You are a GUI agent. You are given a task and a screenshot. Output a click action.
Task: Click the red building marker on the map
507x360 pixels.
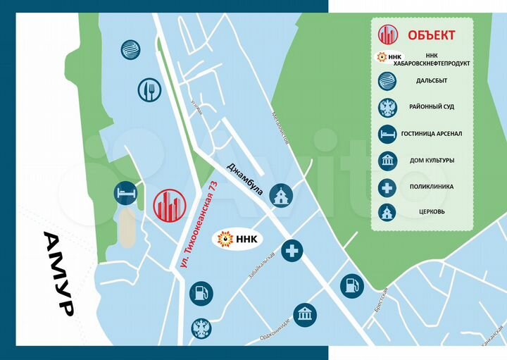(x=169, y=206)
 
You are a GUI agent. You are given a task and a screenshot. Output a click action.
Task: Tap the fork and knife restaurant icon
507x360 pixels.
(x=150, y=90)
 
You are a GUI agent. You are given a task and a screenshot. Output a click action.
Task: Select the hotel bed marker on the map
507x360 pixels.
(x=126, y=193)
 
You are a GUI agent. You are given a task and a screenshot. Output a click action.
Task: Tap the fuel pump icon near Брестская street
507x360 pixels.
(x=351, y=285)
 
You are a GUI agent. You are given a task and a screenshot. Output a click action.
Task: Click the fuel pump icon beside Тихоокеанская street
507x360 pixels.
(x=201, y=292)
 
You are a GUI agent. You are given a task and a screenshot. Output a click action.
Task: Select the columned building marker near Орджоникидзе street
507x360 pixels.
(x=304, y=315)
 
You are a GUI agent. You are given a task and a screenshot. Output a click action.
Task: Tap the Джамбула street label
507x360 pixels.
(x=244, y=180)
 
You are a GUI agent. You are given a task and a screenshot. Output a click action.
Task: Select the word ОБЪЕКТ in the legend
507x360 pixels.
(x=431, y=35)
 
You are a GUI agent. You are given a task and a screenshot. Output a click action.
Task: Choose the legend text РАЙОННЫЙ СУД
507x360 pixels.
(x=431, y=106)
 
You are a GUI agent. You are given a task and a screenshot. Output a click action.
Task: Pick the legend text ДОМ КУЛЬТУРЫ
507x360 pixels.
(x=432, y=160)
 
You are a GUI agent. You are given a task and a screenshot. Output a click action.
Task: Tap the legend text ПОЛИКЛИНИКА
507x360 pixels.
(x=431, y=187)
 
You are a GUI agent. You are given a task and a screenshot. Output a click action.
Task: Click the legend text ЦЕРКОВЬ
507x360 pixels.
(x=431, y=211)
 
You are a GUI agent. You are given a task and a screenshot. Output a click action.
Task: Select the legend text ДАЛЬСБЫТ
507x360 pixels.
(x=431, y=80)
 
